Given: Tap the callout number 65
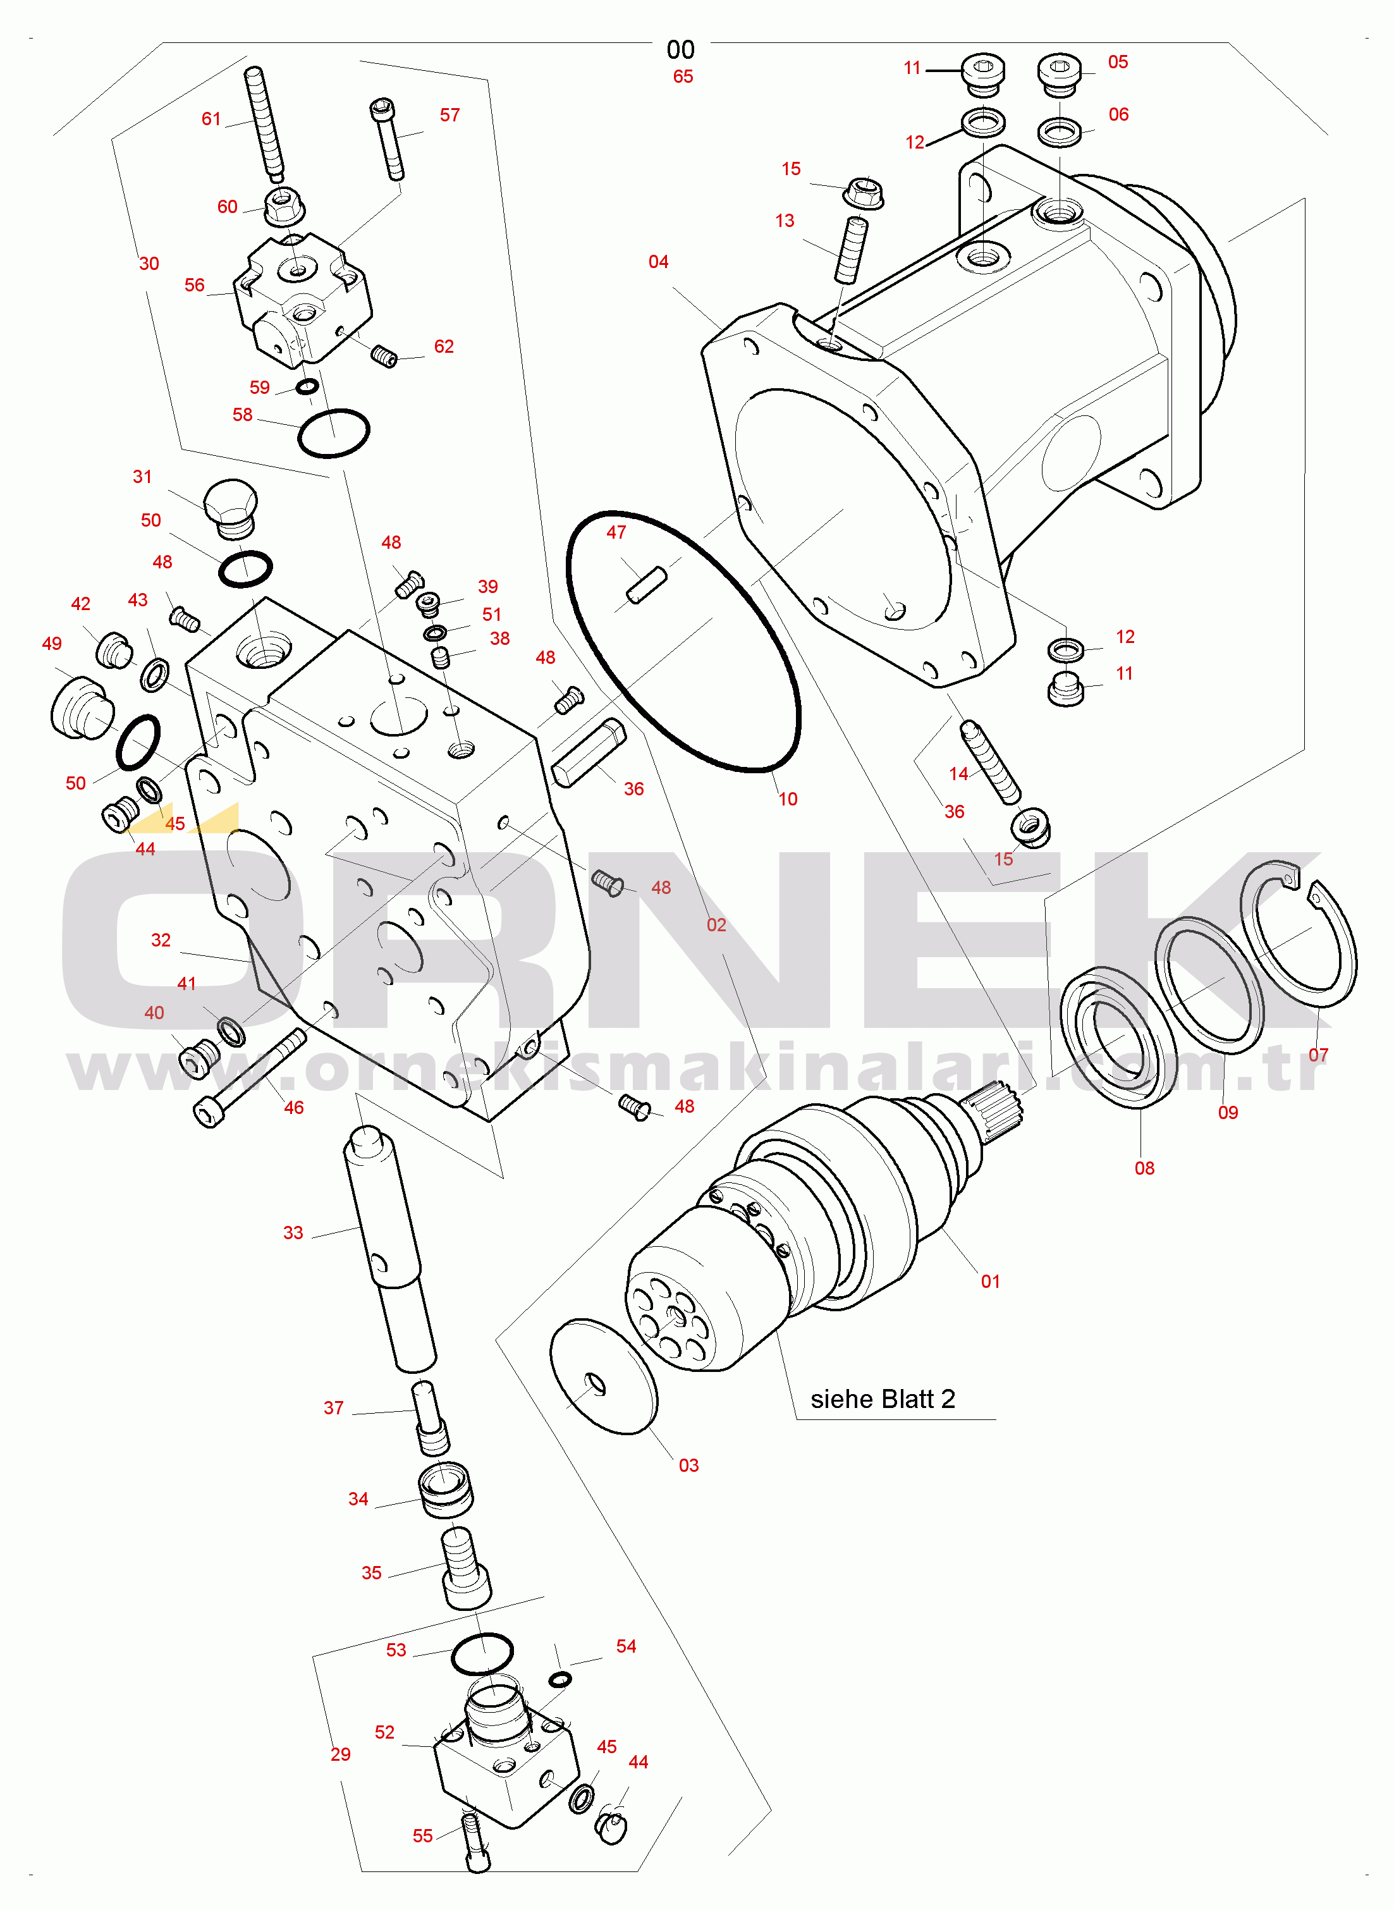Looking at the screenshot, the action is [683, 77].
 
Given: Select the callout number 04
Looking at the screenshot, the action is [658, 262].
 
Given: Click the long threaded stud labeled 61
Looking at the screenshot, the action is [265, 124].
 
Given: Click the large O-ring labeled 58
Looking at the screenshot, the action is [334, 433].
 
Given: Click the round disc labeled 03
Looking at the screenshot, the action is [603, 1376].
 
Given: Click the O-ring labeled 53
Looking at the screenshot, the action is [482, 1653].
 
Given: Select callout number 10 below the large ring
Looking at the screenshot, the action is [787, 799].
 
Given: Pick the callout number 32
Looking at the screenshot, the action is [161, 940].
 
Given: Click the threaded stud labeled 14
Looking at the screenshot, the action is [991, 762].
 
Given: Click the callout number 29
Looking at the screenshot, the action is [340, 1754].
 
